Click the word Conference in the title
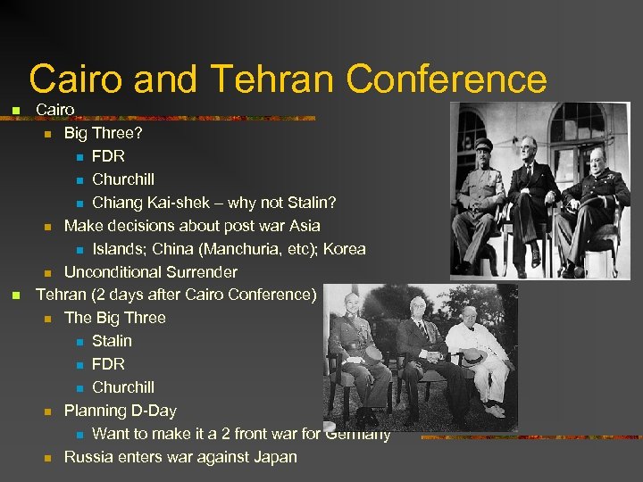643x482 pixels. (447, 79)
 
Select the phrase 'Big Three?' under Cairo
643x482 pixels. (103, 133)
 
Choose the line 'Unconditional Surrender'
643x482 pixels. (151, 272)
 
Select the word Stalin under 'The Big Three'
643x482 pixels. (112, 341)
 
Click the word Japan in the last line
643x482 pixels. (273, 457)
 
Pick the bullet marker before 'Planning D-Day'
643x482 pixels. (48, 411)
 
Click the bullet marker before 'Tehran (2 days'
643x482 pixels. (14, 295)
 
